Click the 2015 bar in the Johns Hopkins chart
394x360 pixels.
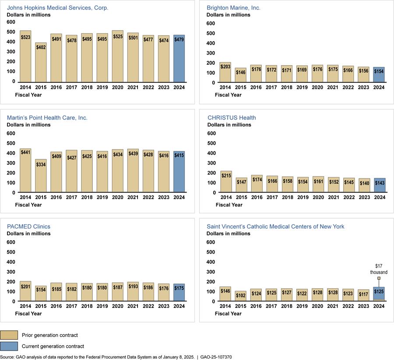click(41, 62)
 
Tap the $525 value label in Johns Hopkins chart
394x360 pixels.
click(117, 37)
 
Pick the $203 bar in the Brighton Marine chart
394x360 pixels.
click(225, 72)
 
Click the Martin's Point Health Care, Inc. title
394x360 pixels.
click(47, 118)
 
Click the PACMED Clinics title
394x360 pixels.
click(28, 227)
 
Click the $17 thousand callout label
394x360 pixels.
click(379, 269)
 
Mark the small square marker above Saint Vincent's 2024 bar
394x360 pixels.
click(379, 278)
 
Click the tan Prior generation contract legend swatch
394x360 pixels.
click(9, 336)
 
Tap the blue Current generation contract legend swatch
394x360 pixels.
click(9, 346)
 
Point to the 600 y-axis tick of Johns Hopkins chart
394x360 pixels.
click(11, 23)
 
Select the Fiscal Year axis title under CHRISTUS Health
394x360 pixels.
click(231, 205)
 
